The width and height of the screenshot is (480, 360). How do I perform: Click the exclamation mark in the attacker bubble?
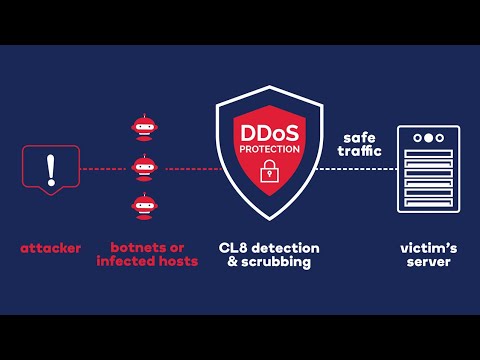pos(50,167)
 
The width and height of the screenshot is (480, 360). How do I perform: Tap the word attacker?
pos(50,247)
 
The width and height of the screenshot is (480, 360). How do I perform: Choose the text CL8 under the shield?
pos(234,247)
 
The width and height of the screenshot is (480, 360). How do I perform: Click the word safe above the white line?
pos(360,137)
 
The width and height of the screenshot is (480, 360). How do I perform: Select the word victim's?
pos(428,247)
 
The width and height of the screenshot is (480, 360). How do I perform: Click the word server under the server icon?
pos(428,261)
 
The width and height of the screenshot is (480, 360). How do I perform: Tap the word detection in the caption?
pos(282,247)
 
